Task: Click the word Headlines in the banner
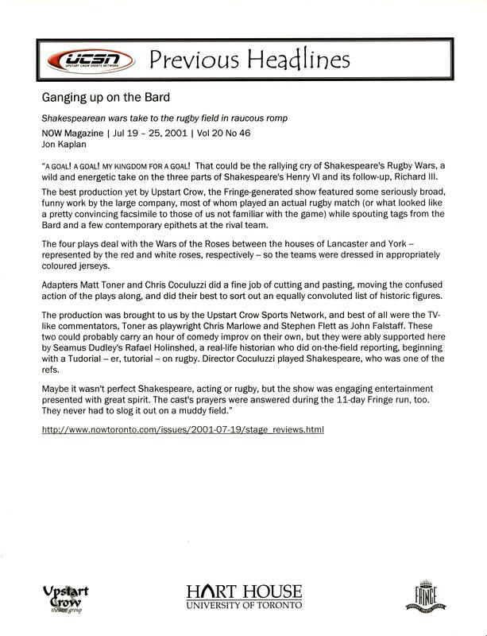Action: coord(293,60)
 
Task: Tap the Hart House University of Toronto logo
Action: coord(244,595)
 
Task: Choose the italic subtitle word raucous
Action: coord(245,118)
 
